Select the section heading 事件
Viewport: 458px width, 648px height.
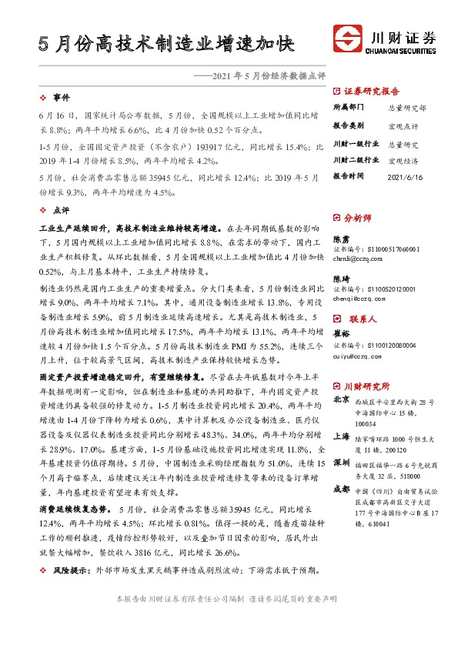[x=61, y=98]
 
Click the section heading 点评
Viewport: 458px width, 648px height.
[x=61, y=209]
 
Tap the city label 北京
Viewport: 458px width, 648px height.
[x=340, y=400]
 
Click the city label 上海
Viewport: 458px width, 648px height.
[x=340, y=434]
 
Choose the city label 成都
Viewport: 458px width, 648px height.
[x=340, y=489]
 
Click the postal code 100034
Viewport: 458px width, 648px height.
[x=365, y=423]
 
